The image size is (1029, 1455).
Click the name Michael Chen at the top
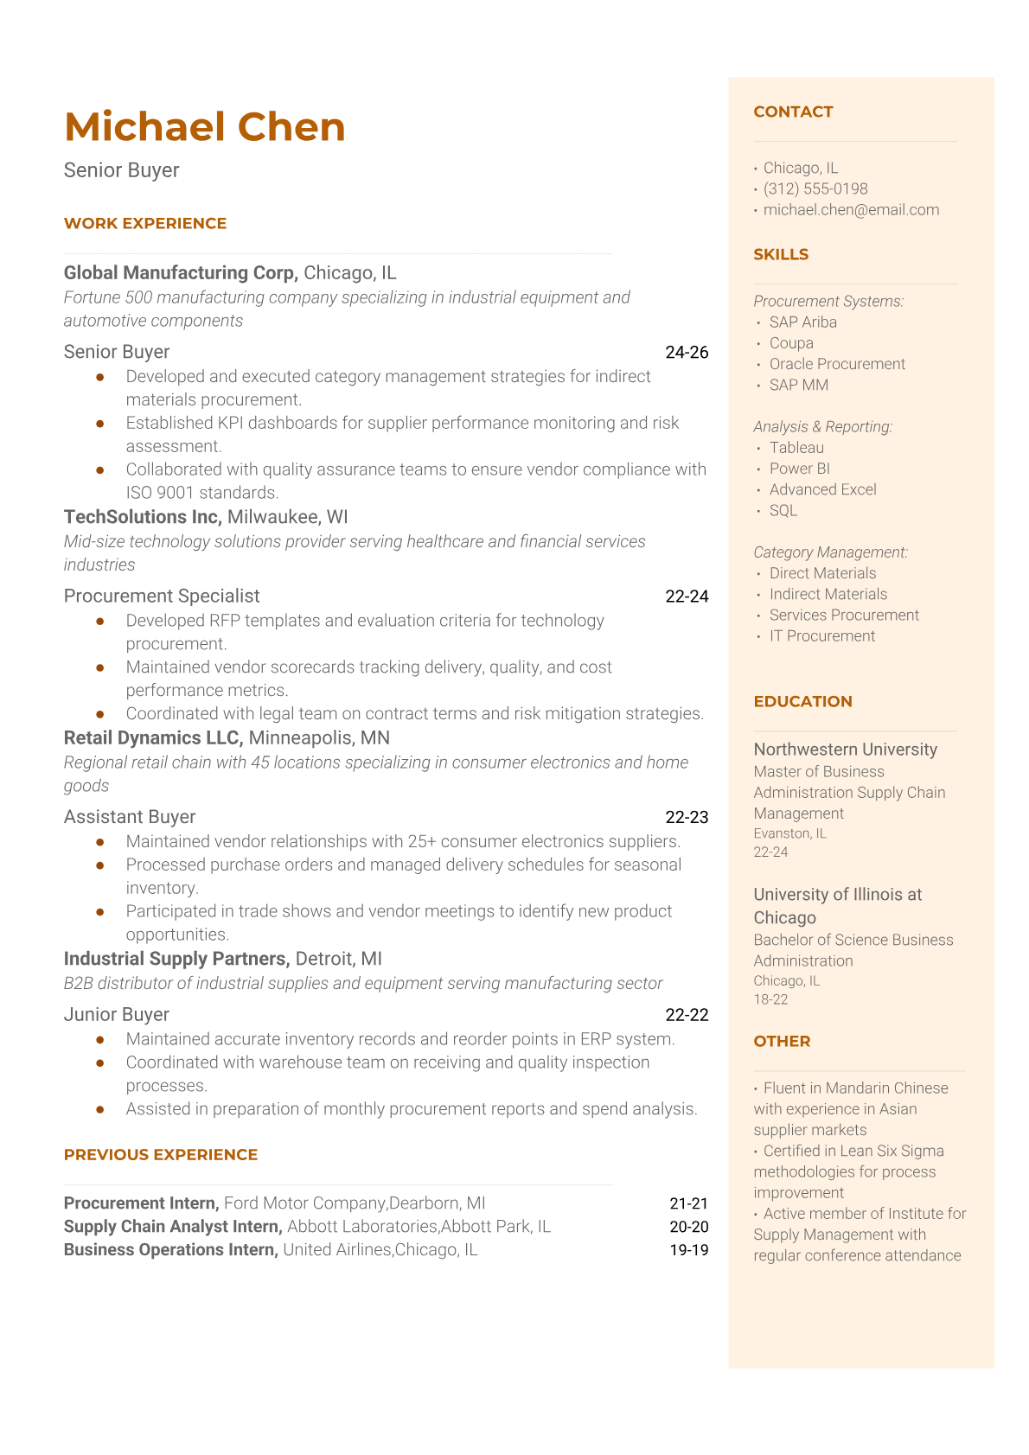205,127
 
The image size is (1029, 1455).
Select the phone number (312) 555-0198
815,188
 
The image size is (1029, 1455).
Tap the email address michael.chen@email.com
851,209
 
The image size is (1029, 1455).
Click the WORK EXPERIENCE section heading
145,223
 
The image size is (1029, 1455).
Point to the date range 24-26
687,352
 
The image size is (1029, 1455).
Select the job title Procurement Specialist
162,596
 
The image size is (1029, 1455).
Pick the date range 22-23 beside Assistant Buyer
687,817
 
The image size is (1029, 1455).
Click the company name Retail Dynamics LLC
153,738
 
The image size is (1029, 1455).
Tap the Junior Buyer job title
117,1014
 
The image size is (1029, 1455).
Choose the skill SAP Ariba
802,322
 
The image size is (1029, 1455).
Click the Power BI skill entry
799,469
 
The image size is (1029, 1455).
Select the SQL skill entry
783,510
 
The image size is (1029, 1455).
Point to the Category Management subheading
830,552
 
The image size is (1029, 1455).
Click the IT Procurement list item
821,635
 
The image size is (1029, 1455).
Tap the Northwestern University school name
845,750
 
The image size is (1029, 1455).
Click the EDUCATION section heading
802,701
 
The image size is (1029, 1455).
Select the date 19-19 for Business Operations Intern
688,1250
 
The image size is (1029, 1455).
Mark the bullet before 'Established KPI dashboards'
100,424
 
